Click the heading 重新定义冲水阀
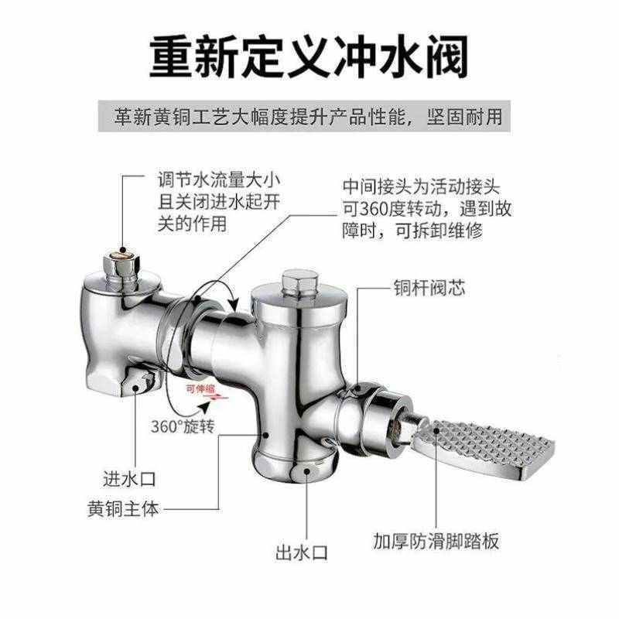(x=309, y=56)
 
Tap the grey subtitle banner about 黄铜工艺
(x=309, y=118)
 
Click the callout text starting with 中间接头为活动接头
(x=425, y=209)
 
